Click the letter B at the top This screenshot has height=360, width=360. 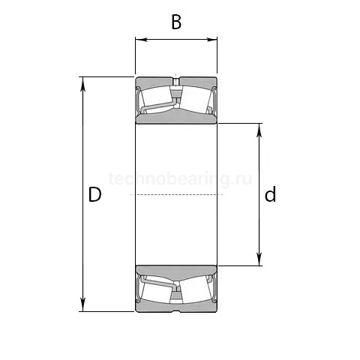click(176, 22)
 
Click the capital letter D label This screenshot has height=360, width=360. click(95, 194)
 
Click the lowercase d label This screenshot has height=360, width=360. click(270, 194)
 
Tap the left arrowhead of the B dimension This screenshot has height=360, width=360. click(141, 40)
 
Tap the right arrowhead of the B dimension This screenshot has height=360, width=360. click(211, 40)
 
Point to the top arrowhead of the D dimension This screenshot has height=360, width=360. click(83, 83)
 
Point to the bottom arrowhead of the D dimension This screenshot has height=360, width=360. click(83, 305)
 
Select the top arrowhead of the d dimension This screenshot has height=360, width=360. click(259, 130)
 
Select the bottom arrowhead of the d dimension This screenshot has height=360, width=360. click(259, 259)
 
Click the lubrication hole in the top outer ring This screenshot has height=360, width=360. click(176, 82)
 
